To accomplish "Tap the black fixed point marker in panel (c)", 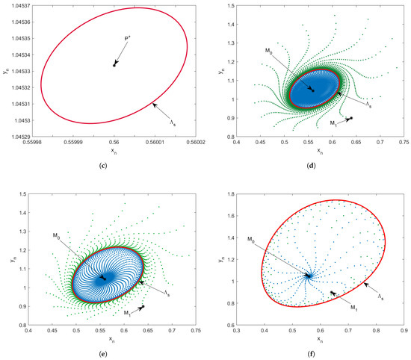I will (114, 66).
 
